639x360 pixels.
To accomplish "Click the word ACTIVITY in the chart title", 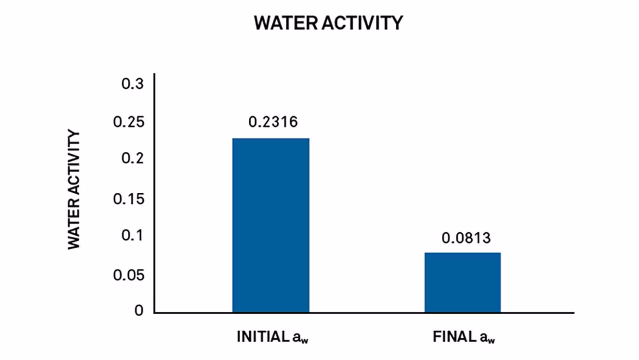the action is pyautogui.click(x=362, y=23).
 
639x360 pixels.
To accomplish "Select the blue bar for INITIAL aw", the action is pyautogui.click(x=271, y=225).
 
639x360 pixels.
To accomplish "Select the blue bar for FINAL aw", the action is pyautogui.click(x=463, y=282).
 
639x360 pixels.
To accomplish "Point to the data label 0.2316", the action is pyautogui.click(x=273, y=122).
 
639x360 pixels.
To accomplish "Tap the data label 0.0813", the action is pyautogui.click(x=466, y=238).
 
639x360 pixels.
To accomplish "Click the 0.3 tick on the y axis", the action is pyautogui.click(x=133, y=84).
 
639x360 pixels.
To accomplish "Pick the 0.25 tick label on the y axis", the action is pyautogui.click(x=129, y=122).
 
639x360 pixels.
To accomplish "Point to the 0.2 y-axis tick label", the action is pyautogui.click(x=133, y=158).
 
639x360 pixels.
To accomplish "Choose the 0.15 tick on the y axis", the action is pyautogui.click(x=129, y=199).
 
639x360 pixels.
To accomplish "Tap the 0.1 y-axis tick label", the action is pyautogui.click(x=133, y=235).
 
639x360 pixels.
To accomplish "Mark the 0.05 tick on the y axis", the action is pyautogui.click(x=129, y=275).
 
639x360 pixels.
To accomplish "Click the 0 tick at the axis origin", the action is pyautogui.click(x=139, y=310).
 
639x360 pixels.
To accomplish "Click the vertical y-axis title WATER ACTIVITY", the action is pyautogui.click(x=74, y=189).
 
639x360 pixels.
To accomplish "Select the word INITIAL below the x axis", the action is pyautogui.click(x=263, y=337).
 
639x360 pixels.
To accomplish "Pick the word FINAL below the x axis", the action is pyautogui.click(x=455, y=337).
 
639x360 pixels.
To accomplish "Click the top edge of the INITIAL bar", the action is pyautogui.click(x=271, y=138).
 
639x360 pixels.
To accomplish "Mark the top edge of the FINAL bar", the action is pyautogui.click(x=463, y=253).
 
